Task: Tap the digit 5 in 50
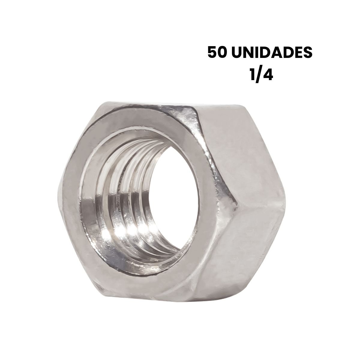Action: coord(213,52)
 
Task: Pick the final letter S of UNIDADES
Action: coord(307,52)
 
